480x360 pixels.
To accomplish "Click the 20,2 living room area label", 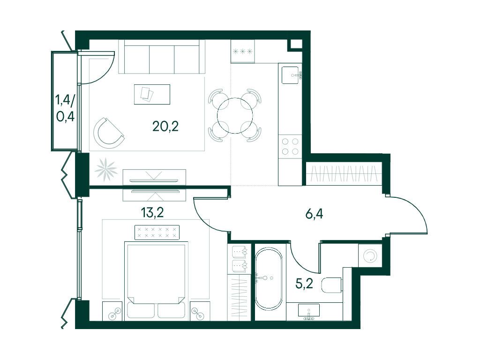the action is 165,126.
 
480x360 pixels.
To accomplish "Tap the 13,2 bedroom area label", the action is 152,212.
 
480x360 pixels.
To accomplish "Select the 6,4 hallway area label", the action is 314,214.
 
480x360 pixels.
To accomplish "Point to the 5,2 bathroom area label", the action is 304,284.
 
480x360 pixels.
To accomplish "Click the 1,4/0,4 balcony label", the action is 65,108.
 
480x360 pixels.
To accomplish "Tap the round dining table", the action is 235,115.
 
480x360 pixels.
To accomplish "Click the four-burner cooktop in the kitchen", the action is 290,146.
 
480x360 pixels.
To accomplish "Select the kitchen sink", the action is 291,75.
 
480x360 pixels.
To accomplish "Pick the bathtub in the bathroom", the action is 268,278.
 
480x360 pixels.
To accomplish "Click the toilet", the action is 331,285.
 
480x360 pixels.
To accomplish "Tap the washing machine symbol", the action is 370,255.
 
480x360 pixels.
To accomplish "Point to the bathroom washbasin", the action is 309,310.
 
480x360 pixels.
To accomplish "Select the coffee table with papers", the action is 152,94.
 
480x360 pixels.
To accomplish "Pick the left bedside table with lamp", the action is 112,311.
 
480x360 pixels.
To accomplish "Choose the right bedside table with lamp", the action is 200,311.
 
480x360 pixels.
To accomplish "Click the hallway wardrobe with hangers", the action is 344,173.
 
